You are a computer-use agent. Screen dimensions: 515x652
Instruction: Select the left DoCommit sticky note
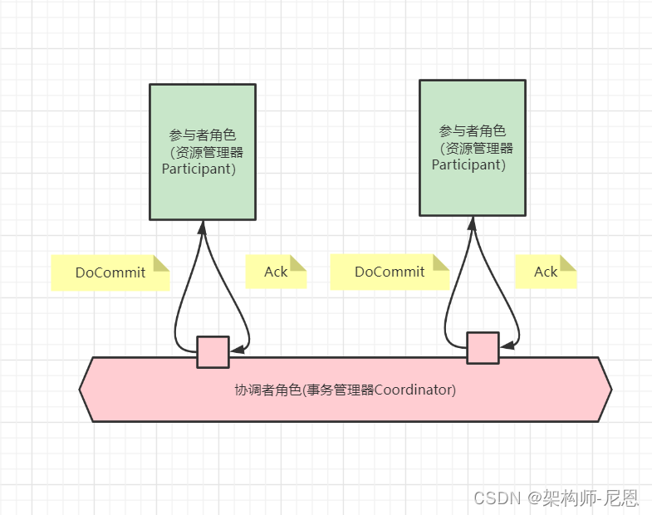click(110, 272)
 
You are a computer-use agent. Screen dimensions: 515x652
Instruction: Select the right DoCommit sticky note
click(390, 272)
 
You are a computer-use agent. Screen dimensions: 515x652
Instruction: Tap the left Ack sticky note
click(276, 272)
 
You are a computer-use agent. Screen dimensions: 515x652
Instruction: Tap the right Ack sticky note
click(546, 272)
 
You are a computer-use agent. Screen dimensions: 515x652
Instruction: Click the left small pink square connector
click(213, 351)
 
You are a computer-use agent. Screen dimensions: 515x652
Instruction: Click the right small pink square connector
click(483, 348)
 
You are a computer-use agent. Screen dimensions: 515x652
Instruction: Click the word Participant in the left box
click(199, 169)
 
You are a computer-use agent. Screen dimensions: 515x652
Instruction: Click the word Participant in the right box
click(468, 164)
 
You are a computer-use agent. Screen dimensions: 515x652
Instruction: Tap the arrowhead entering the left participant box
click(202, 225)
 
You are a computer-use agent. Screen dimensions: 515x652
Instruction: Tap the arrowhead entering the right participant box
click(473, 222)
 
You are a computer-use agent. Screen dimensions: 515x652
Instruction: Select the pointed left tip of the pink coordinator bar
click(81, 389)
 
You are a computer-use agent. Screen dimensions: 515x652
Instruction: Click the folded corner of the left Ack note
click(298, 262)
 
